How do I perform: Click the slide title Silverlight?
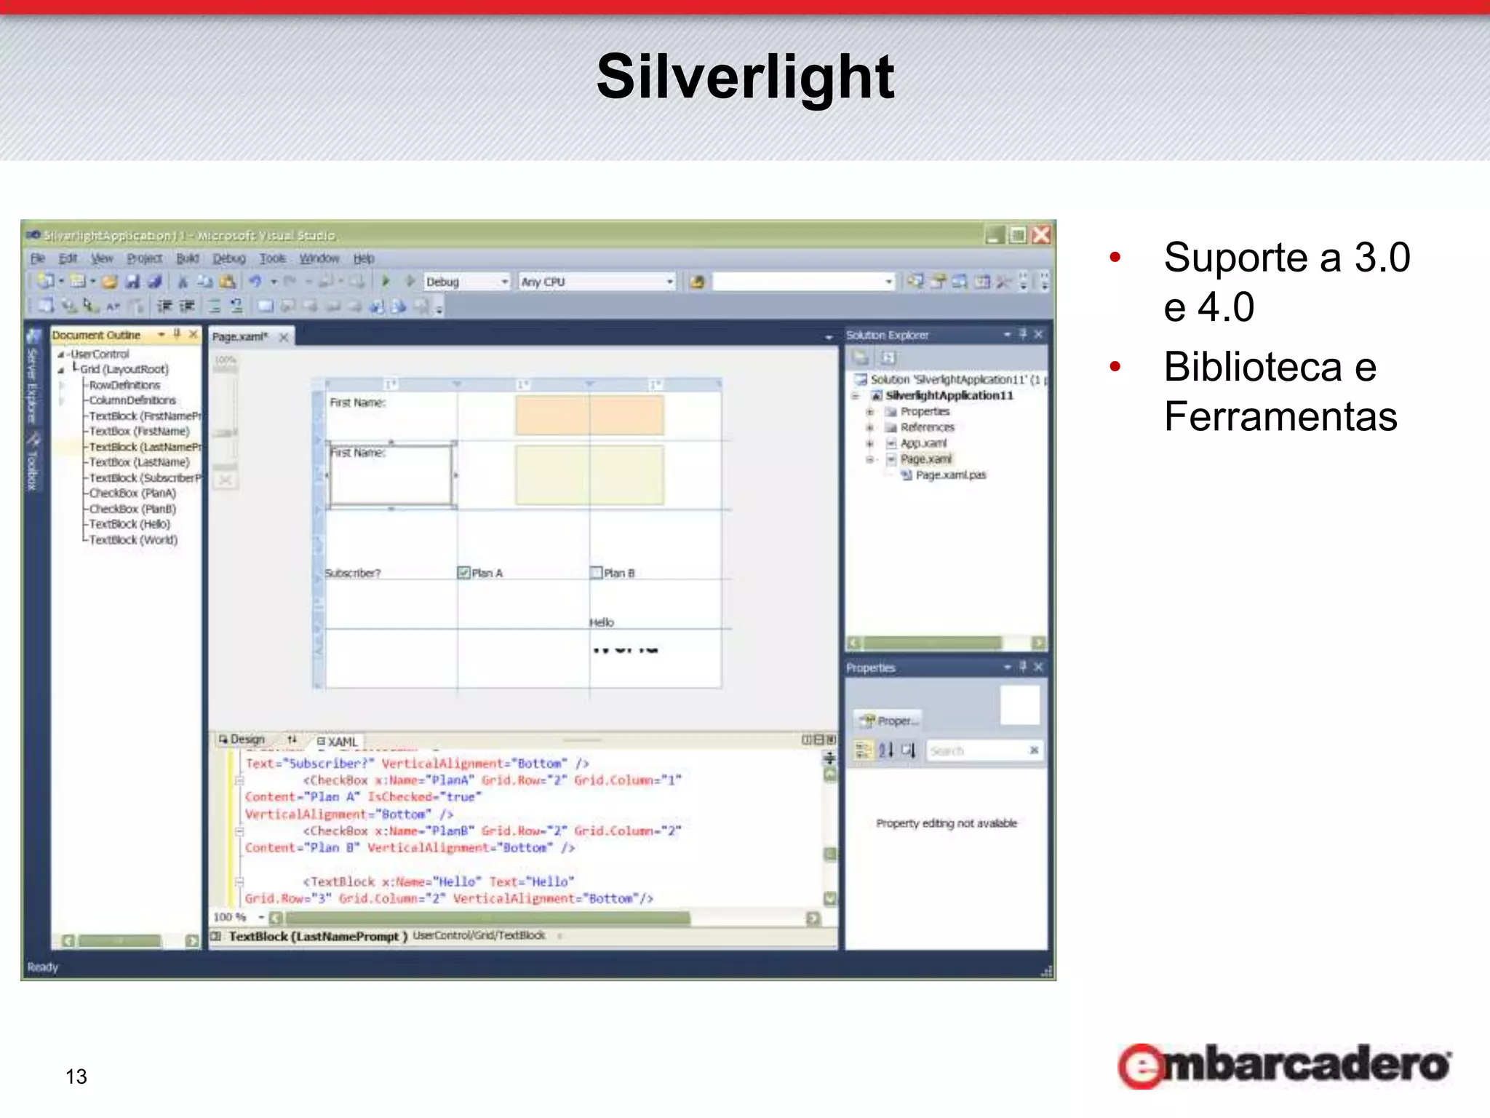click(745, 77)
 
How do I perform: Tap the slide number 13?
click(76, 1077)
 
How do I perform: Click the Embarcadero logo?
click(1284, 1066)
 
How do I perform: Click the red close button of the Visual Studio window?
click(1041, 235)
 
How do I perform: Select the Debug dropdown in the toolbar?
click(466, 282)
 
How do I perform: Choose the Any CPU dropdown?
click(596, 282)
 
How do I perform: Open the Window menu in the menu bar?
click(319, 258)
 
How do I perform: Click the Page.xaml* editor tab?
click(240, 336)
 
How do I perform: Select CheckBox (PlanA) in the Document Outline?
click(132, 493)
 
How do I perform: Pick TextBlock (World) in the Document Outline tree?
click(133, 540)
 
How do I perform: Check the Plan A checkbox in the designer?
click(463, 573)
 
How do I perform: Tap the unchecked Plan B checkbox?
click(596, 573)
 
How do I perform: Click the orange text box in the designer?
click(589, 416)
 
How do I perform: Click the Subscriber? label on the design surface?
click(353, 574)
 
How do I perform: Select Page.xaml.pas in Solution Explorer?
click(950, 475)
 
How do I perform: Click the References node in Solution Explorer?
click(927, 427)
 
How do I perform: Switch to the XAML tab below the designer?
click(338, 742)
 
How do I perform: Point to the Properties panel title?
click(870, 667)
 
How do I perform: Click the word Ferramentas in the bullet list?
click(1280, 416)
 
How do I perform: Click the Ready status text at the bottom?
click(42, 967)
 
